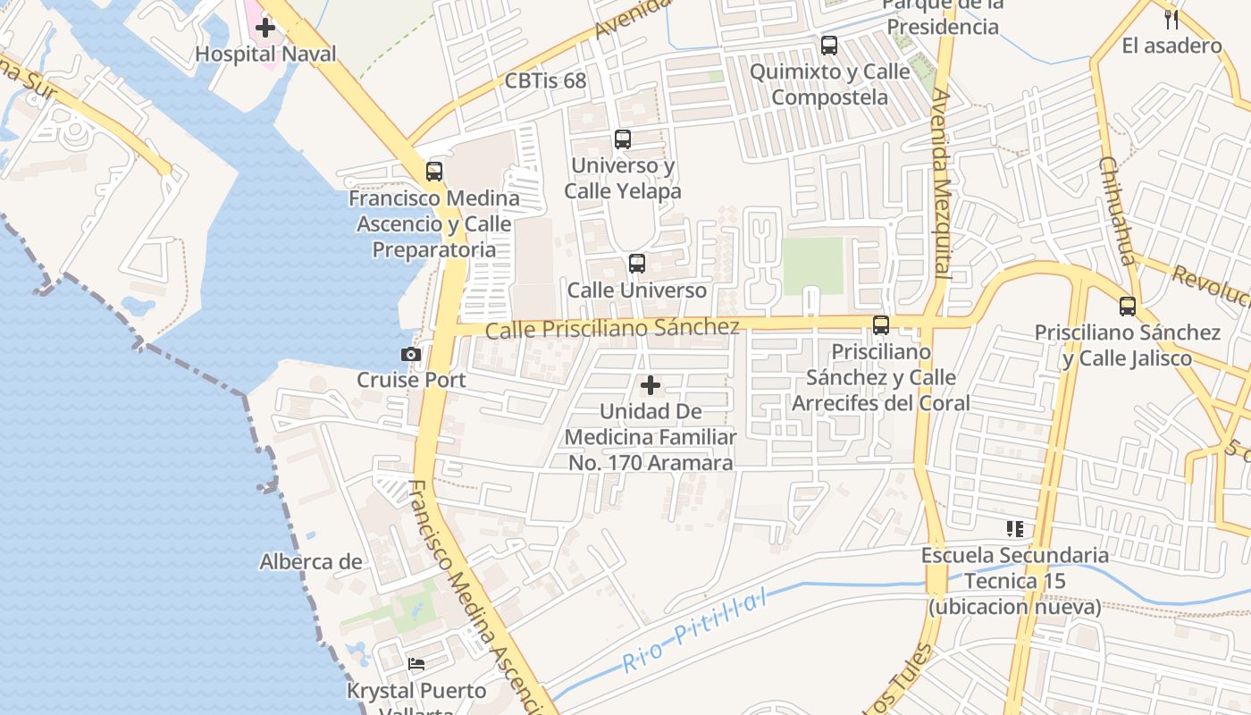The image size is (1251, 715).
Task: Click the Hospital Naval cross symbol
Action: (x=265, y=28)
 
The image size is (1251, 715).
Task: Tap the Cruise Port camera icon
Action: (x=411, y=354)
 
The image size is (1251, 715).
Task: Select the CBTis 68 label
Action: (x=545, y=81)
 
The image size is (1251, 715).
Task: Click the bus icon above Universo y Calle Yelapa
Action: (x=623, y=139)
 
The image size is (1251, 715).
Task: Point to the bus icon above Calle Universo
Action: (x=637, y=264)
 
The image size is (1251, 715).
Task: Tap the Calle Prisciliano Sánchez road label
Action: (x=612, y=328)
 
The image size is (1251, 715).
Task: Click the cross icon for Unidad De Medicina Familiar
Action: (x=651, y=385)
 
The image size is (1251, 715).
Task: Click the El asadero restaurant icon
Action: (x=1171, y=19)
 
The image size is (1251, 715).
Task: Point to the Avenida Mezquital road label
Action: (x=941, y=182)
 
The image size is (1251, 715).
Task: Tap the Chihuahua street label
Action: (x=1117, y=211)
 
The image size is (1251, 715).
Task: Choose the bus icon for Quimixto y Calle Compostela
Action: (x=829, y=45)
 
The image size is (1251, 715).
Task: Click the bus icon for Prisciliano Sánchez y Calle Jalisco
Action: (x=1128, y=307)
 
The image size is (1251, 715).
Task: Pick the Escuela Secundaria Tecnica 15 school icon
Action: (x=1014, y=529)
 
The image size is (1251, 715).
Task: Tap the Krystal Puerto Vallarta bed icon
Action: (x=416, y=664)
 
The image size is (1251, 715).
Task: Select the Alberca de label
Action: (x=311, y=562)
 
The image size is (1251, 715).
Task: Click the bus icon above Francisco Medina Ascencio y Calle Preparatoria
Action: (x=434, y=171)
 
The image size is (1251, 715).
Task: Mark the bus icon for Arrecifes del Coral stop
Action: (x=881, y=325)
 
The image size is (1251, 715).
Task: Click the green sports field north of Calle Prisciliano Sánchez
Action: (x=812, y=265)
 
